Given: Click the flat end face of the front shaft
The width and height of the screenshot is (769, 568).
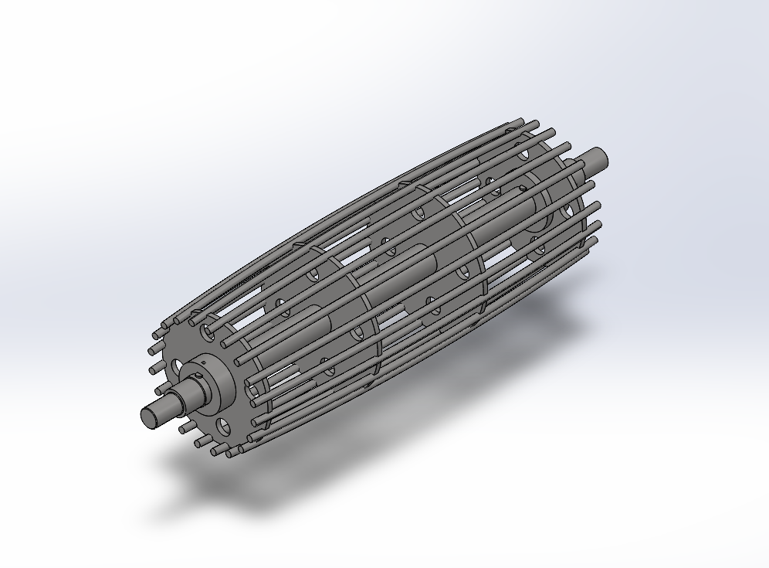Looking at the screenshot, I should pyautogui.click(x=149, y=416).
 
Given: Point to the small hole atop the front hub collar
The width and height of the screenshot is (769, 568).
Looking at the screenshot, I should pyautogui.click(x=202, y=361).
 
